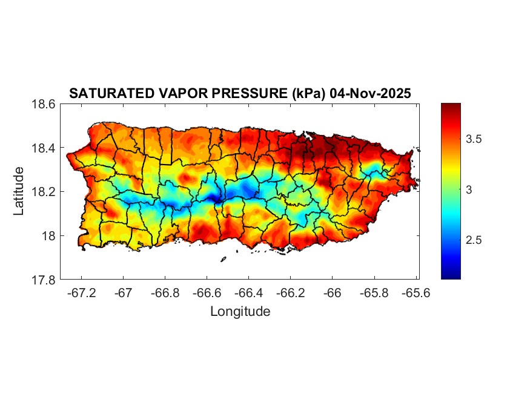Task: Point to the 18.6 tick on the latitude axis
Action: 44,104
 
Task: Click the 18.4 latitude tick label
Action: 44,148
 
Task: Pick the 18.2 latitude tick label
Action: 44,192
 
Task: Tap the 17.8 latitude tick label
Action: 44,280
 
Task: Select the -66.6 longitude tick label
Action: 207,293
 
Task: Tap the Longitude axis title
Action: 240,312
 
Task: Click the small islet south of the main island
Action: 223,260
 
